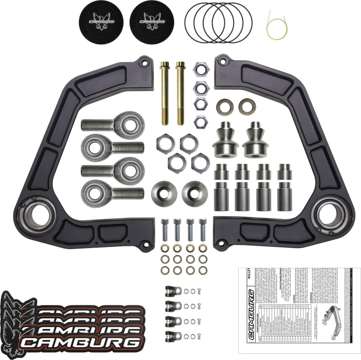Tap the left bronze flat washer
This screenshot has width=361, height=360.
pyautogui.click(x=223, y=106)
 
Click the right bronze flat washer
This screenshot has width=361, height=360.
pyautogui.click(x=246, y=106)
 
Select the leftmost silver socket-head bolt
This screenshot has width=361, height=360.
pyautogui.click(x=166, y=230)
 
